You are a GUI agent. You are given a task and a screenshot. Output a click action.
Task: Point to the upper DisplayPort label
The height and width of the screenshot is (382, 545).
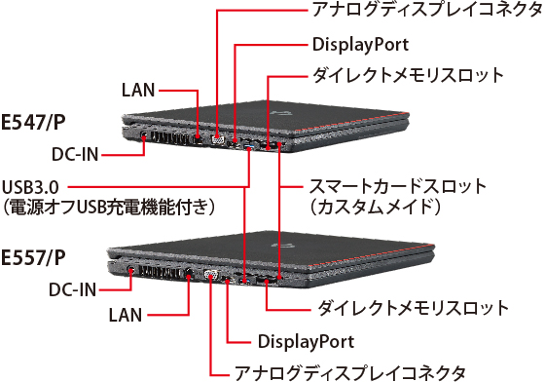pyautogui.click(x=359, y=45)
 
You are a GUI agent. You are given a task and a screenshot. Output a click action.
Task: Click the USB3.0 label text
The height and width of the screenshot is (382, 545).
pyautogui.click(x=33, y=185)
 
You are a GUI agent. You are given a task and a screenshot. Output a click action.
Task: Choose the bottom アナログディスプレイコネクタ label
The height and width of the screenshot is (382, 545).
pyautogui.click(x=350, y=371)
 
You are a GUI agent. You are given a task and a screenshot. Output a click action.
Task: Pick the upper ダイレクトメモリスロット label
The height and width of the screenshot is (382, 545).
pyautogui.click(x=407, y=75)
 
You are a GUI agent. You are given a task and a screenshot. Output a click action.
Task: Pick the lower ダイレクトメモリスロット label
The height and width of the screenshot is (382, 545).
pyautogui.click(x=414, y=309)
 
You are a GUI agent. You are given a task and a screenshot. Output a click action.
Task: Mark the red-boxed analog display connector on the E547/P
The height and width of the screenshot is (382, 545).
pyautogui.click(x=218, y=137)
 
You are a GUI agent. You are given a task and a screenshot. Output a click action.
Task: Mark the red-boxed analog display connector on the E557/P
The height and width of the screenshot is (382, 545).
pyautogui.click(x=210, y=275)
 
